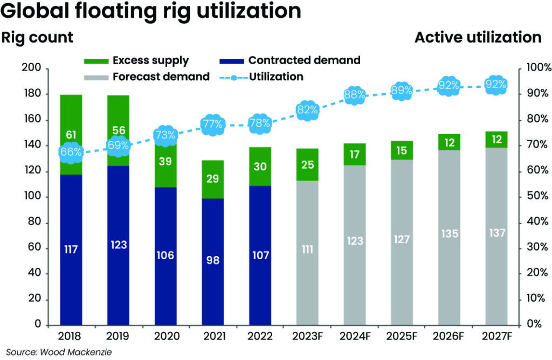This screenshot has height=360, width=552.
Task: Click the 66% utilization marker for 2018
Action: [x=71, y=152]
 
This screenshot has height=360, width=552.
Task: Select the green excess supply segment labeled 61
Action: [x=71, y=134]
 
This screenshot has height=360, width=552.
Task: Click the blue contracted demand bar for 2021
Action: [x=212, y=261]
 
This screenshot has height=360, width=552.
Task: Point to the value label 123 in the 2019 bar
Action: [x=118, y=245]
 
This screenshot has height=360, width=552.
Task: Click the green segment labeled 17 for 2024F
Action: [x=355, y=154]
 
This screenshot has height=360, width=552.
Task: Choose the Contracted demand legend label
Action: [x=303, y=60]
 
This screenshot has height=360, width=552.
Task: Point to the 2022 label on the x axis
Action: [x=259, y=337]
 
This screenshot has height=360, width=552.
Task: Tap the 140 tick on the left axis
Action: [x=33, y=146]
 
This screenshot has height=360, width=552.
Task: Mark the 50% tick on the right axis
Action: [x=536, y=197]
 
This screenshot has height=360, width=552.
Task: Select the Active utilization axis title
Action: [x=478, y=38]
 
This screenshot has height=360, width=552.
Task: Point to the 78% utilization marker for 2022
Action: [x=260, y=123]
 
